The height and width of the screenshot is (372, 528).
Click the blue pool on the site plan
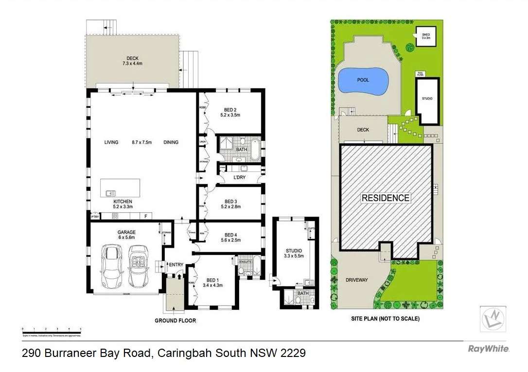(363, 81)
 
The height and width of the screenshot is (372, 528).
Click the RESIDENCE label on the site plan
(385, 198)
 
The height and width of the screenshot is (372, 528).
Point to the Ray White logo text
(489, 349)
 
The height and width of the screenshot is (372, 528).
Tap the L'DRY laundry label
(239, 178)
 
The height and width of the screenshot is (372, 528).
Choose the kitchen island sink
(111, 193)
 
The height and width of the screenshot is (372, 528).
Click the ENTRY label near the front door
(176, 265)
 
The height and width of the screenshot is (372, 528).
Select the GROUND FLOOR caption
(175, 321)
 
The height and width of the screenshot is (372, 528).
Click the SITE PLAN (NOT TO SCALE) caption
(385, 319)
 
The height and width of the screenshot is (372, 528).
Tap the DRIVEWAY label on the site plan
(356, 280)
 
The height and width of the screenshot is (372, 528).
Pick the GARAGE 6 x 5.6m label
(126, 236)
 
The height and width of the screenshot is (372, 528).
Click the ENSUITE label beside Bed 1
(245, 262)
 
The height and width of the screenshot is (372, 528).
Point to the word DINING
(171, 142)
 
